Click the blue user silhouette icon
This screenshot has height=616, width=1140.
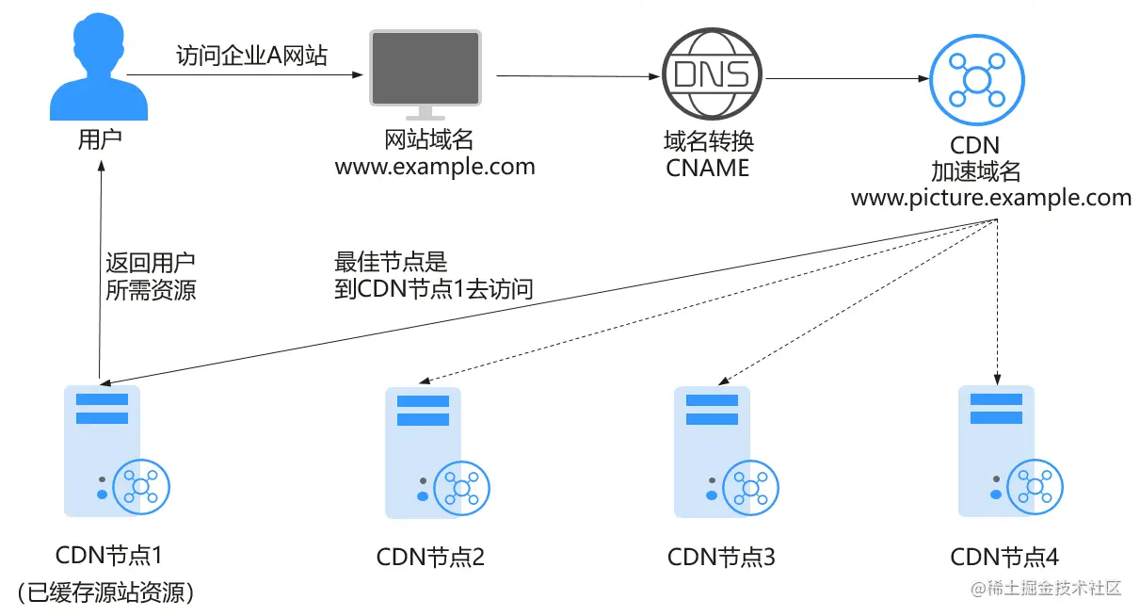(99, 67)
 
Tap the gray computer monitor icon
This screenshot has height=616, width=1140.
(425, 74)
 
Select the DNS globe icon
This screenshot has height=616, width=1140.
(712, 73)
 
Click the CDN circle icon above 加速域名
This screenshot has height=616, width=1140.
(976, 80)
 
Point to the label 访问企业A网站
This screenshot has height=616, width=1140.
(251, 56)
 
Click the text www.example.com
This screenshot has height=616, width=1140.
(435, 167)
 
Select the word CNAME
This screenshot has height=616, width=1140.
(707, 168)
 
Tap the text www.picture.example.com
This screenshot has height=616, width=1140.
(991, 198)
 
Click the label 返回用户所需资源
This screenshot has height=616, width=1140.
(151, 276)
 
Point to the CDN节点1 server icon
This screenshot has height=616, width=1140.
(117, 451)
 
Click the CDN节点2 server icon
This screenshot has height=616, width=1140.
(437, 453)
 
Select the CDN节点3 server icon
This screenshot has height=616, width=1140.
(726, 452)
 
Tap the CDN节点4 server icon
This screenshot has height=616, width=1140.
(1011, 451)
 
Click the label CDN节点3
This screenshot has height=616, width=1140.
(721, 557)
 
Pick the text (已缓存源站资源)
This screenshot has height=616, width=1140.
(105, 592)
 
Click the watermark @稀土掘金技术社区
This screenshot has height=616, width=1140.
(1046, 589)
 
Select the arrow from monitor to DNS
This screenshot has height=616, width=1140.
(578, 76)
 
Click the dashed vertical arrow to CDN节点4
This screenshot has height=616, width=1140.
(997, 302)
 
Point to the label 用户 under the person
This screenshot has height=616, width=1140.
(100, 139)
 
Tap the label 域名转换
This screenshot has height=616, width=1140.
(709, 141)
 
